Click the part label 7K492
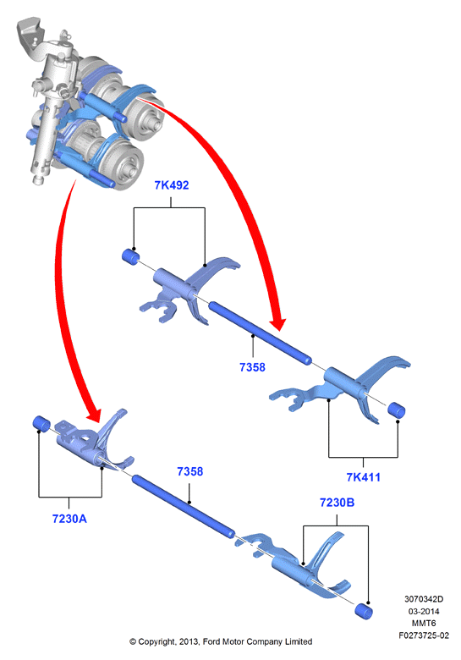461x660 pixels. pyautogui.click(x=172, y=185)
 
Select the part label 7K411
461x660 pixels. pyautogui.click(x=363, y=477)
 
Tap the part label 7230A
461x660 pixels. pyautogui.click(x=69, y=519)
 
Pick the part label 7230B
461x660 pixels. pyautogui.click(x=337, y=503)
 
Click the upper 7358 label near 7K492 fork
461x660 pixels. pyautogui.click(x=252, y=367)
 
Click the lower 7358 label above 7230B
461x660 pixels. pyautogui.click(x=190, y=471)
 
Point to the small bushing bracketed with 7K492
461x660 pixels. pyautogui.click(x=131, y=256)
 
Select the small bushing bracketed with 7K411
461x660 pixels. pyautogui.click(x=396, y=410)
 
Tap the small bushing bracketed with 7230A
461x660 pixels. pyautogui.click(x=41, y=423)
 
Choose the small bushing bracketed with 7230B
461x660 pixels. pyautogui.click(x=364, y=611)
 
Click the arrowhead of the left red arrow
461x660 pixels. pyautogui.click(x=93, y=414)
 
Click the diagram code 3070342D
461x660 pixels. pyautogui.click(x=424, y=599)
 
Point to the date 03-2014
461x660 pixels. pyautogui.click(x=424, y=611)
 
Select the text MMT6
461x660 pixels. pyautogui.click(x=424, y=623)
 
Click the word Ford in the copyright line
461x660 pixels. pyautogui.click(x=211, y=642)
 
